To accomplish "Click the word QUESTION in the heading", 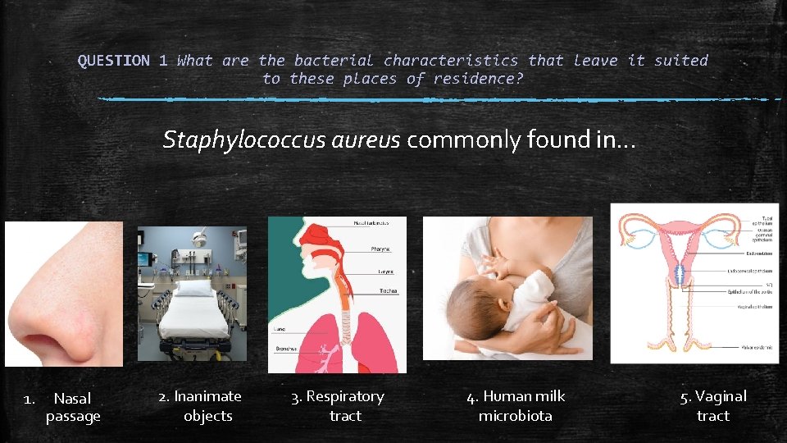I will [x=114, y=60].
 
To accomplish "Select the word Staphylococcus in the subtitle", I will [x=244, y=140].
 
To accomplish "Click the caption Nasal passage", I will [x=72, y=407].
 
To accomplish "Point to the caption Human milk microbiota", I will [x=516, y=406].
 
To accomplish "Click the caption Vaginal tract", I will [x=712, y=406].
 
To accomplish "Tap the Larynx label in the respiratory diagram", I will [x=384, y=272].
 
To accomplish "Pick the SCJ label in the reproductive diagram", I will [x=767, y=283].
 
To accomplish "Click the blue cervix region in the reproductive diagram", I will [x=680, y=275].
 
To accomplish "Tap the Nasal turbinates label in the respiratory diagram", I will [x=377, y=223].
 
